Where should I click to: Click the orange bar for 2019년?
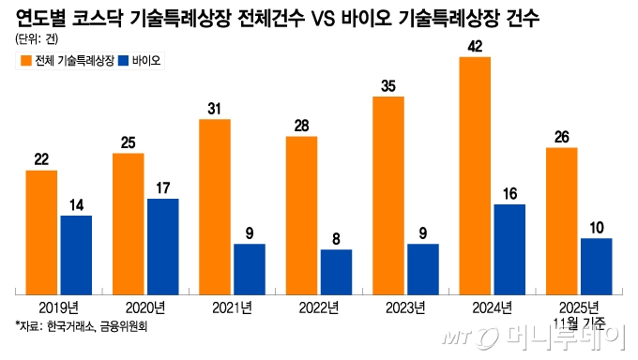tap(41, 231)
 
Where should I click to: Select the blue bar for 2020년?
tap(162, 245)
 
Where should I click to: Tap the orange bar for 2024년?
tap(475, 174)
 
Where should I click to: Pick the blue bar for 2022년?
tap(336, 270)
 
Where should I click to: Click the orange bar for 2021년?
tap(215, 205)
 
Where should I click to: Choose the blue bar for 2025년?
tap(596, 264)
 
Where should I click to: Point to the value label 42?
tap(475, 46)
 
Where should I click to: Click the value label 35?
tap(388, 85)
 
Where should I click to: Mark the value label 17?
tap(162, 187)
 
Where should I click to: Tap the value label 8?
tap(336, 237)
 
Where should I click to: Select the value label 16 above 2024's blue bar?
tap(509, 192)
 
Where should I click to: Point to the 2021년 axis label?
tap(232, 307)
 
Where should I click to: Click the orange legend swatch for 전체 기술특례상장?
tap(24, 61)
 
